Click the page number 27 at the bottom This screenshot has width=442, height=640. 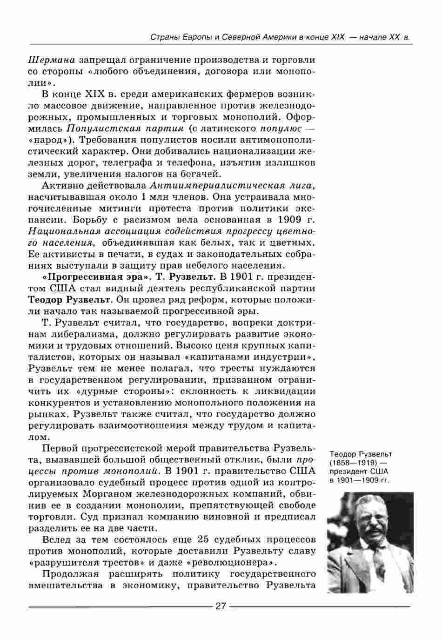tap(220, 606)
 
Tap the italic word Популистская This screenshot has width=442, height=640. tap(95, 128)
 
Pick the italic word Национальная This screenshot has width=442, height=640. tap(58, 231)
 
